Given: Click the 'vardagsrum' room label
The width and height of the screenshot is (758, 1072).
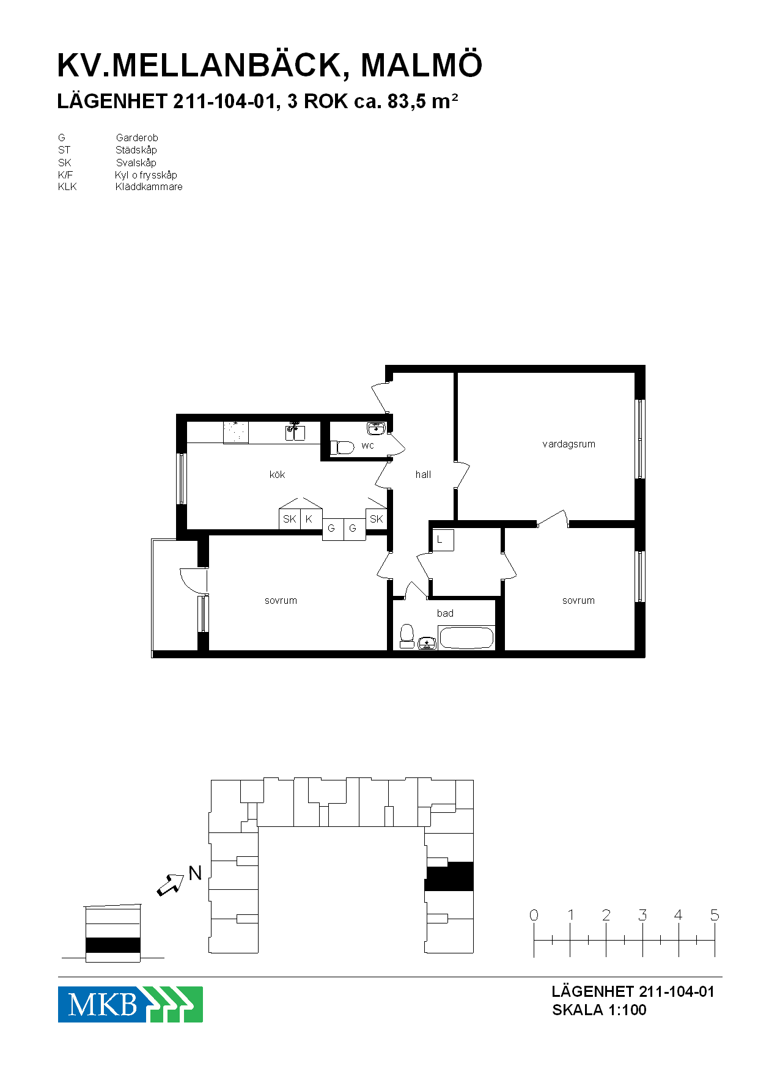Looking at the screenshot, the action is (568, 444).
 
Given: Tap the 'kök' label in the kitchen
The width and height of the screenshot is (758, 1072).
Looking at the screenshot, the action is (277, 474).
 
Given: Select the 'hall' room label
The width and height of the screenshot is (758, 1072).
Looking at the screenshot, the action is (423, 474).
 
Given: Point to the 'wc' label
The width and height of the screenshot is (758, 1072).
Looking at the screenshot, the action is (367, 446).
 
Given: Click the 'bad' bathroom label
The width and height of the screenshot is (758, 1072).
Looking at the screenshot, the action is (445, 613).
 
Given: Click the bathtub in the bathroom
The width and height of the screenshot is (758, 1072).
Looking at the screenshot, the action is (466, 638).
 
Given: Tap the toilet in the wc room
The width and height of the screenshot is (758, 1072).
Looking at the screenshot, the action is (342, 447).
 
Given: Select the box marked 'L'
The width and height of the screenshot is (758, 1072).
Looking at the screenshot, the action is (443, 540).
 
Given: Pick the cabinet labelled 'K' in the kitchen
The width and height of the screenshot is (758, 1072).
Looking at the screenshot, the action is (311, 519).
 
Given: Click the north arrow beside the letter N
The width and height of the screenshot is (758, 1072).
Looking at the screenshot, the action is (171, 885).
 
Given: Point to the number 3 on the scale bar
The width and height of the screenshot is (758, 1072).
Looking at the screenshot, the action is (642, 915).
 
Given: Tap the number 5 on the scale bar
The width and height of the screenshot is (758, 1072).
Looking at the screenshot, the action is (715, 915).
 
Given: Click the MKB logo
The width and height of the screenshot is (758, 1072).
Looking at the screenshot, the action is (130, 1004).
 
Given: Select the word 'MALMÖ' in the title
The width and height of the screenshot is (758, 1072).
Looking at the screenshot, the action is (422, 65).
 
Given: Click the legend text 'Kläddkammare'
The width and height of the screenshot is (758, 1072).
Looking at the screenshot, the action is (149, 187).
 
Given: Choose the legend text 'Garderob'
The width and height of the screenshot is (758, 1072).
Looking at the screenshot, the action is (137, 138).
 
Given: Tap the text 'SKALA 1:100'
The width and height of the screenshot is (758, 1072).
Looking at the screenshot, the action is (599, 1010).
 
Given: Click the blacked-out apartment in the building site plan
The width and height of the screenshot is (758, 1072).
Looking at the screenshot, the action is (449, 876).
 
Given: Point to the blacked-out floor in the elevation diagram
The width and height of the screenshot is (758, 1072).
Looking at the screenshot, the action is (113, 945).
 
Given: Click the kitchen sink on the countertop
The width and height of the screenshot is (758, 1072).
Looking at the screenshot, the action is (295, 431).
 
